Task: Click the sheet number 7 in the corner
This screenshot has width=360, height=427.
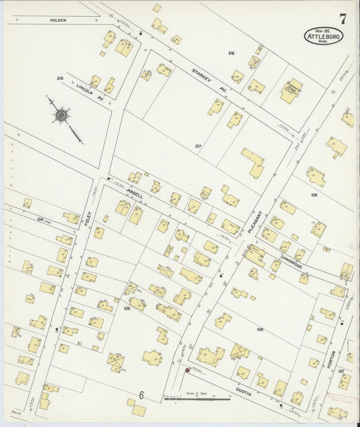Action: coord(342,18)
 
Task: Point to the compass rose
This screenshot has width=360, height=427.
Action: coord(62,116)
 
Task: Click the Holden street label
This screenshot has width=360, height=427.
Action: coord(58,20)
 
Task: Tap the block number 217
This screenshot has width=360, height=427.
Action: coord(198,146)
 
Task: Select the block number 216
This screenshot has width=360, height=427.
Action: coord(231,53)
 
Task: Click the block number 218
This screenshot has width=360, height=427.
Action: coord(60,78)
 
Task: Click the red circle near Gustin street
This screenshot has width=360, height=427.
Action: coord(187,370)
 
